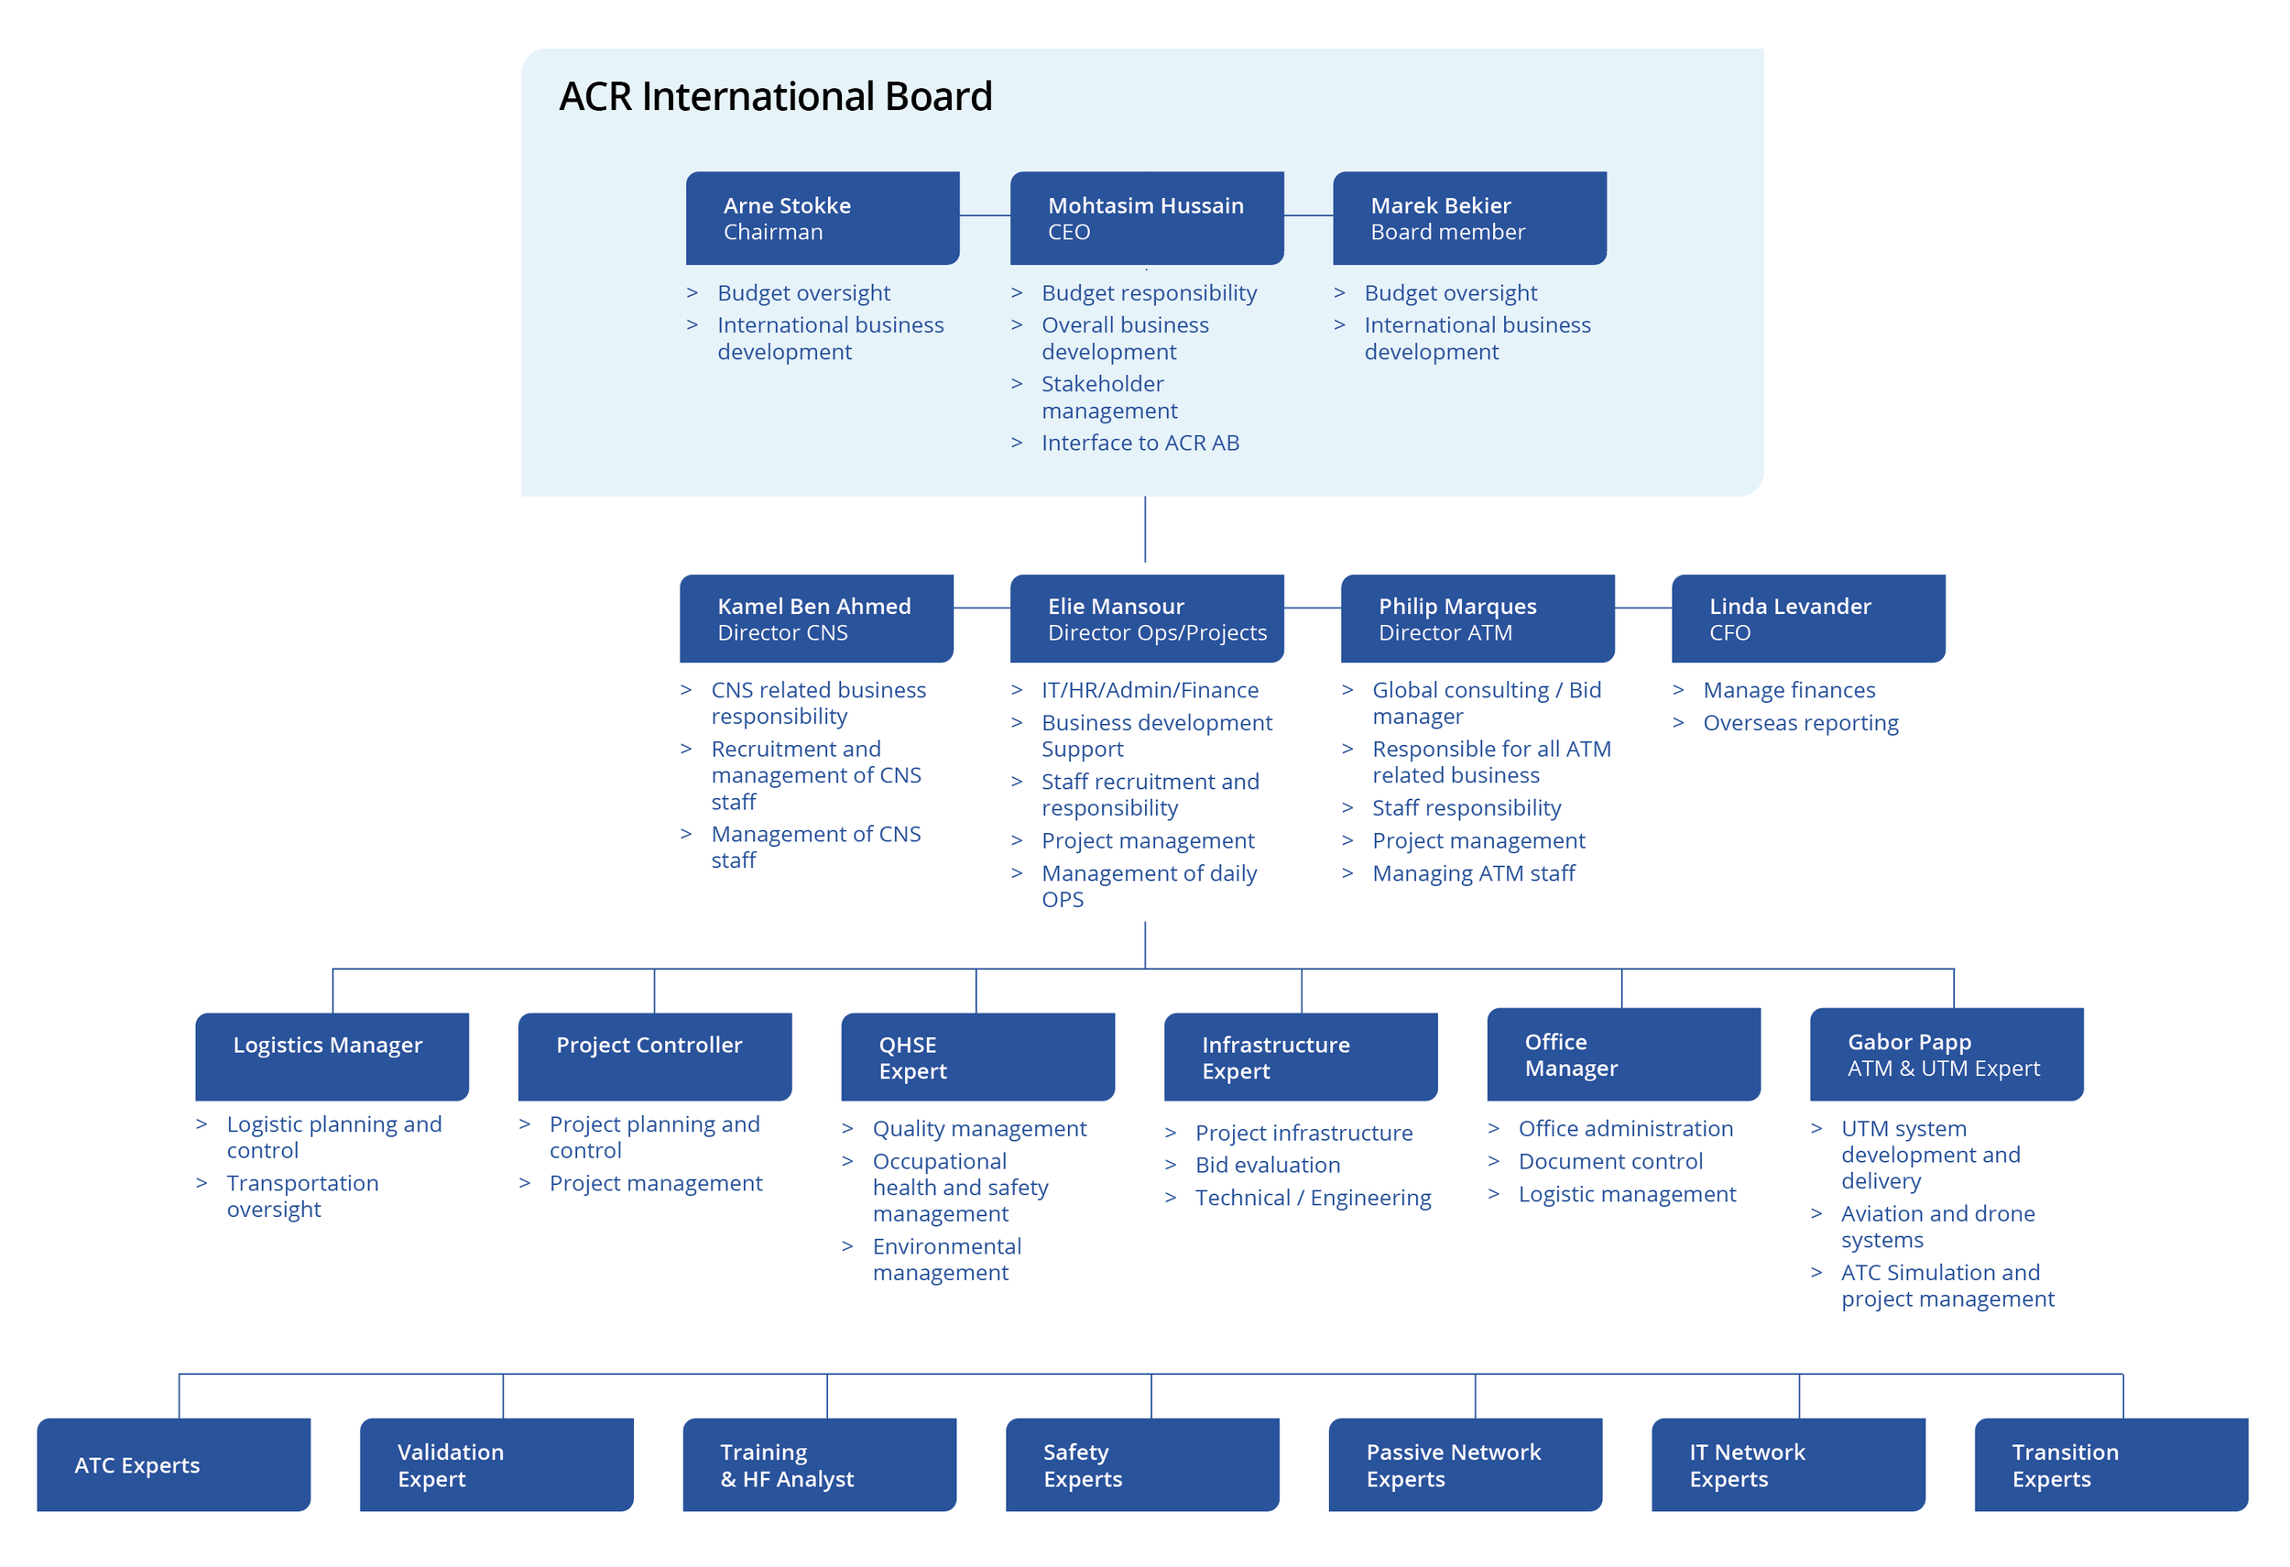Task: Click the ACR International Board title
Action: click(776, 96)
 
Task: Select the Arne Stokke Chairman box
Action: click(823, 218)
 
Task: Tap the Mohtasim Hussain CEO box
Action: click(1147, 218)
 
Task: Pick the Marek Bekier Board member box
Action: click(1470, 218)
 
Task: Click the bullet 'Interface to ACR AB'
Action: click(1140, 443)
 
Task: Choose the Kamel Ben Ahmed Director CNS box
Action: click(817, 619)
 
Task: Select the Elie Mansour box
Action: click(1147, 619)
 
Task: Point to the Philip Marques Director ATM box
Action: click(1478, 619)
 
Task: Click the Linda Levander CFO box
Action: click(1809, 619)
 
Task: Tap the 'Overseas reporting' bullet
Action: click(1800, 722)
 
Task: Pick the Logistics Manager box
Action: click(333, 1057)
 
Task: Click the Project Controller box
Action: click(655, 1057)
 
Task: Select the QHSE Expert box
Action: click(978, 1057)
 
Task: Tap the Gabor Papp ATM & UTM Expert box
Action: click(1947, 1055)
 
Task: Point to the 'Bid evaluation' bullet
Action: click(1267, 1165)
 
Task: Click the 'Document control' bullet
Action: click(1610, 1161)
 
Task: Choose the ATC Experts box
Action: click(173, 1464)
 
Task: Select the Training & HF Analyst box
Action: click(820, 1464)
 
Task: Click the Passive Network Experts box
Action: click(1466, 1464)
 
